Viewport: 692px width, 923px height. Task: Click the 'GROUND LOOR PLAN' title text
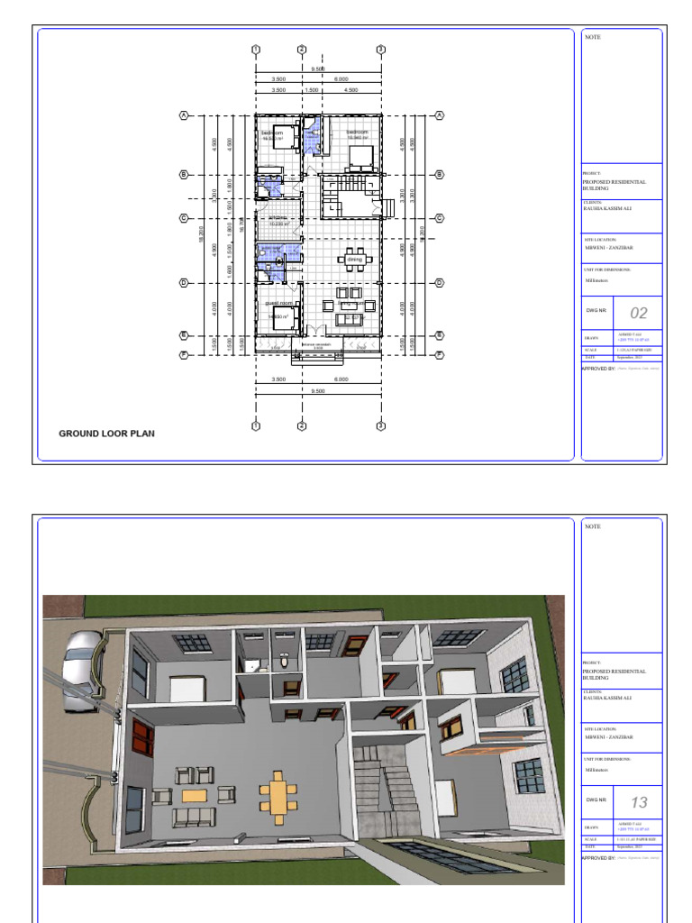click(106, 434)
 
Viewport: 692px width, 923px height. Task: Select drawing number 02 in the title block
click(638, 314)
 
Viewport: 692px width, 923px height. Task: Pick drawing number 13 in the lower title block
click(638, 802)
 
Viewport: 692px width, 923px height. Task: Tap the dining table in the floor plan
click(350, 260)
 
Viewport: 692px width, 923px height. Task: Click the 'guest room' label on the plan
click(278, 304)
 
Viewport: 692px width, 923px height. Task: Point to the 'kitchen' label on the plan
click(276, 217)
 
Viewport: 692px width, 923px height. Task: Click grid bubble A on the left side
click(185, 115)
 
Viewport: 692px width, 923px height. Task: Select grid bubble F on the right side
click(440, 355)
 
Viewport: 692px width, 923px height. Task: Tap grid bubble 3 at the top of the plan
click(380, 50)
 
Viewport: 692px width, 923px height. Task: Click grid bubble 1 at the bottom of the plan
click(256, 426)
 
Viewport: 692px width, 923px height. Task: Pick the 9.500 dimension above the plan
click(318, 69)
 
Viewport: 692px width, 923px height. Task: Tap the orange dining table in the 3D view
click(278, 796)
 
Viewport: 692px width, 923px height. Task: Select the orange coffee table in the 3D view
click(194, 795)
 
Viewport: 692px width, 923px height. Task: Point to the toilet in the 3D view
click(283, 660)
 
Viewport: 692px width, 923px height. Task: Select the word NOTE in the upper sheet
click(592, 37)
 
